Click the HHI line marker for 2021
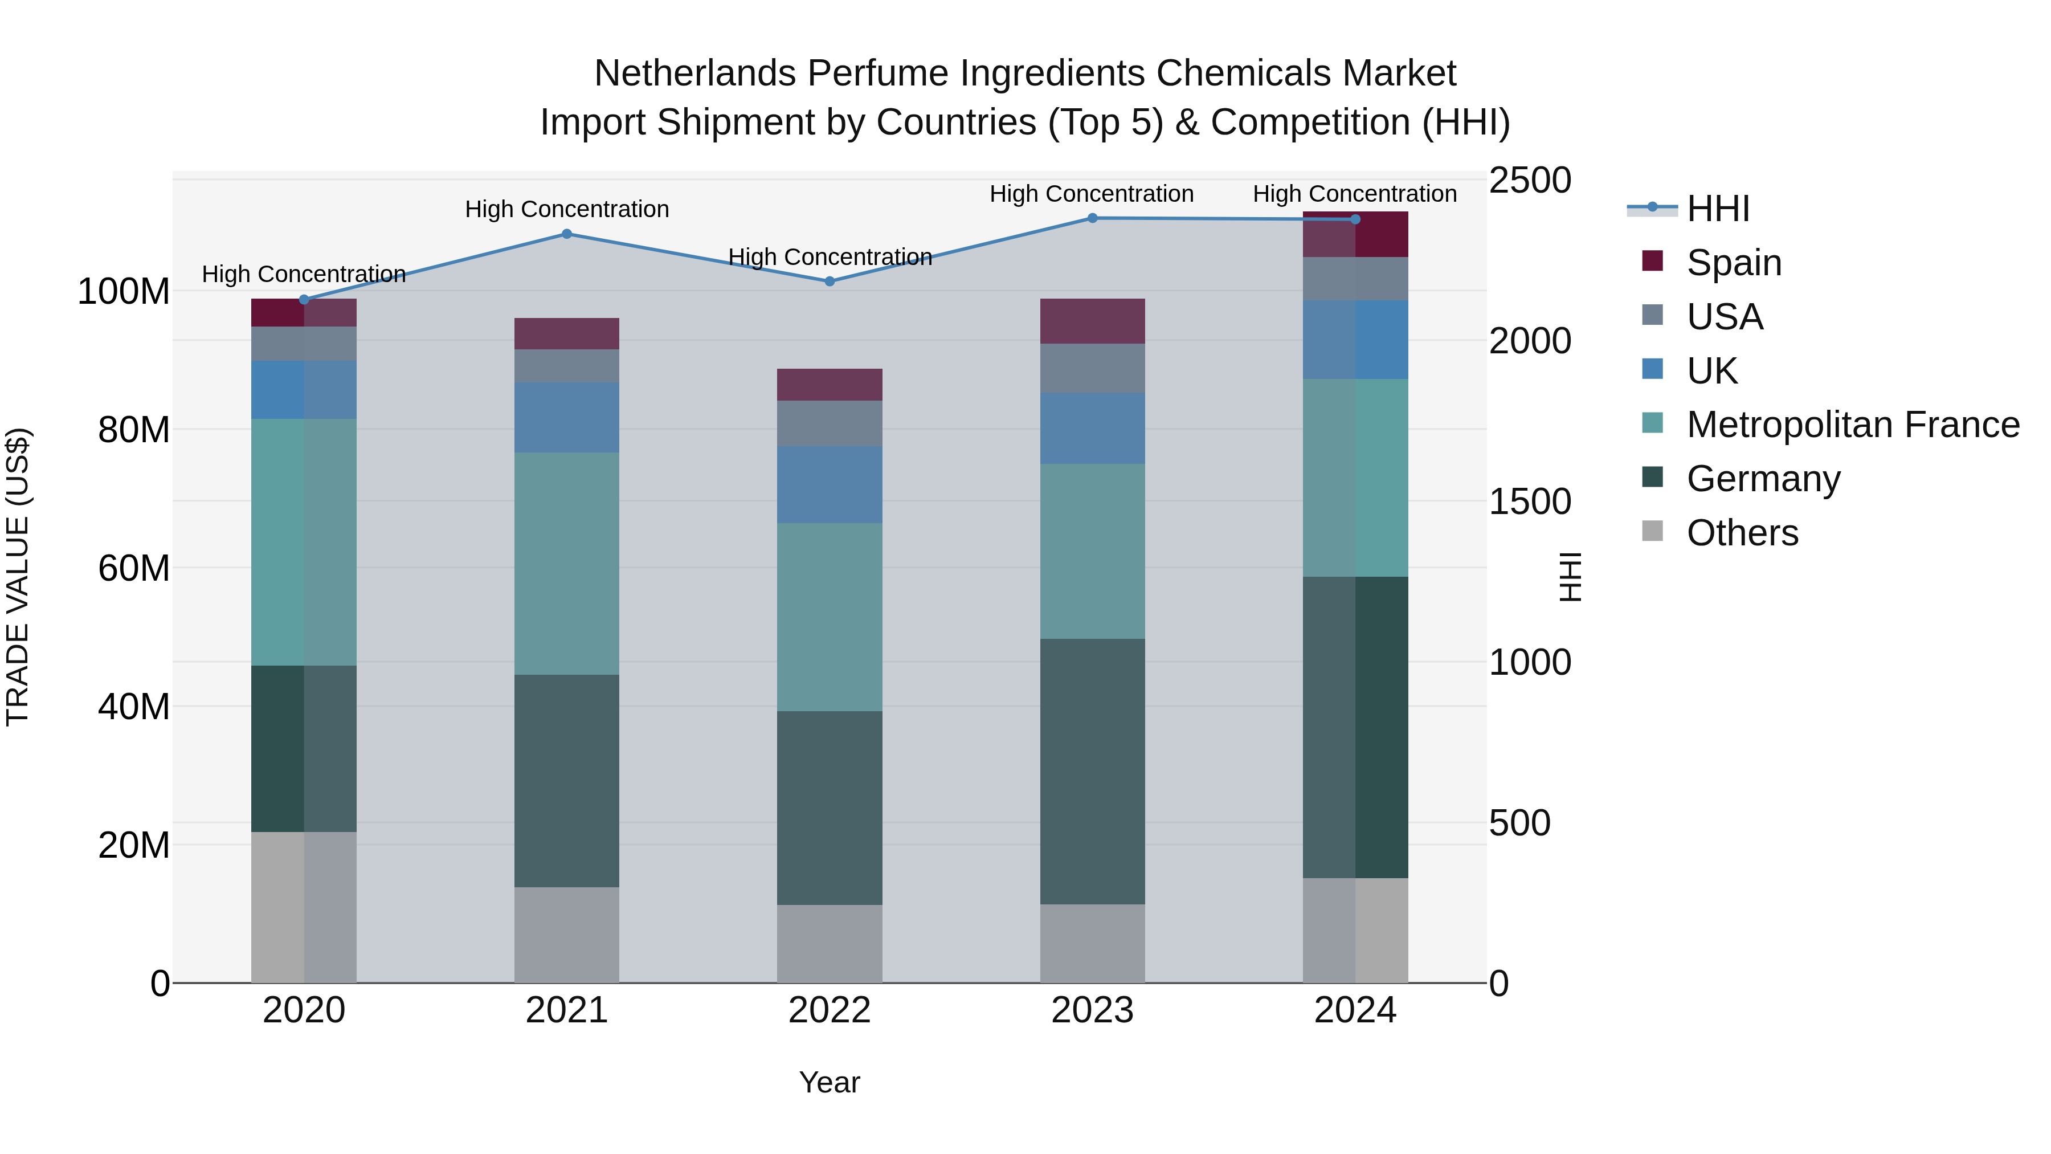[x=567, y=234]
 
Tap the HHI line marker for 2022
[x=830, y=281]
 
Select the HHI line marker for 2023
[x=1092, y=218]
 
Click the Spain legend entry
[x=1733, y=263]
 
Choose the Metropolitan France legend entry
[x=1852, y=425]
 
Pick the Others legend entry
[x=1742, y=533]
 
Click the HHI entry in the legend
[x=1717, y=209]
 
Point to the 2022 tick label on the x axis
[x=830, y=1010]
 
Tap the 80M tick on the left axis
[x=134, y=430]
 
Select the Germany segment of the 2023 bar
[x=1092, y=771]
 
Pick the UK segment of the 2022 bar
[x=830, y=484]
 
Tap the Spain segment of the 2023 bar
[x=1092, y=321]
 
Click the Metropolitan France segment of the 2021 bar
[x=567, y=563]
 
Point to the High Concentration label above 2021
[x=567, y=210]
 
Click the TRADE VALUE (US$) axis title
[x=18, y=577]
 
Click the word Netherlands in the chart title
[x=694, y=74]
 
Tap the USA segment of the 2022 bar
[x=830, y=423]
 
